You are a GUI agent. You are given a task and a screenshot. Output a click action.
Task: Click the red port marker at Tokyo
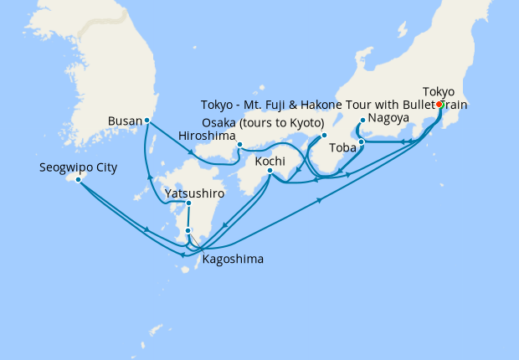[x=439, y=105]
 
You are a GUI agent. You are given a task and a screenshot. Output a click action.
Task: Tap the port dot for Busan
[x=147, y=120]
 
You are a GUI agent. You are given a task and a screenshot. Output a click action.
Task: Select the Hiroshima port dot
[x=239, y=145]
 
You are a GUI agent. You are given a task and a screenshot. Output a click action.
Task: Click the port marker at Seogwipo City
[x=78, y=179]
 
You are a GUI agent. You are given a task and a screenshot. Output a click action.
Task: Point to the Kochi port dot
[x=270, y=172]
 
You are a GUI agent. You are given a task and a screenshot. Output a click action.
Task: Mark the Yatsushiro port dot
[x=188, y=203]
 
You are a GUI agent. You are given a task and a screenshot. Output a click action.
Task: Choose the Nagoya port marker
[x=362, y=120]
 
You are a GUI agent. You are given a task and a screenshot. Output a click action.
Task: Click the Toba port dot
[x=361, y=141]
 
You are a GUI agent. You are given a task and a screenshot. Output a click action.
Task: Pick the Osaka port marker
[x=324, y=134]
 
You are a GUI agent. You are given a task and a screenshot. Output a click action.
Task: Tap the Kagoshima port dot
[x=188, y=230]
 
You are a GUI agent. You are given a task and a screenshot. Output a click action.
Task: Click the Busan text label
[x=125, y=121]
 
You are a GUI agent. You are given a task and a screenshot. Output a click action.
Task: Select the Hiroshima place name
[x=206, y=134]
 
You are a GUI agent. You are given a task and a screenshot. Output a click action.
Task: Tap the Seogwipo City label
[x=78, y=167]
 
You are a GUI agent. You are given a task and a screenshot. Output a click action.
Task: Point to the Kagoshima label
[x=233, y=260]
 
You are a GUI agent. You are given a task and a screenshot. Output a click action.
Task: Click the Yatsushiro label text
[x=195, y=192]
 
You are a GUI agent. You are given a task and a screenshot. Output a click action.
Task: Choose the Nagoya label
[x=388, y=118]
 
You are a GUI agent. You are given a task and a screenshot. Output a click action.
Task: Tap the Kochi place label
[x=271, y=160]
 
